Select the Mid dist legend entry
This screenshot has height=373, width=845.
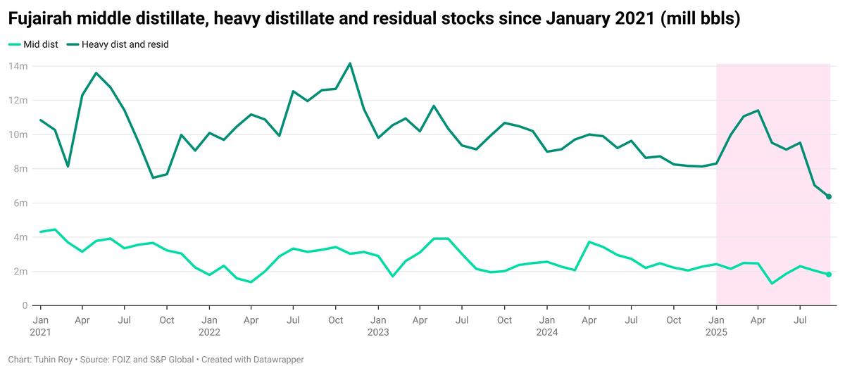coord(32,44)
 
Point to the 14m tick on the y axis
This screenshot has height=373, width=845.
coord(18,66)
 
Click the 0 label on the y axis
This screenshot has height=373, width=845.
coord(24,305)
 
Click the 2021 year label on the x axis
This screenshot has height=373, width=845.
coord(40,331)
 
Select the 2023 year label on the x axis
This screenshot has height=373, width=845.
coord(377,331)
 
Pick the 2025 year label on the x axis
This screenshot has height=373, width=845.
coord(716,331)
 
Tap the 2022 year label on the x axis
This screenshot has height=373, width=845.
coord(209,331)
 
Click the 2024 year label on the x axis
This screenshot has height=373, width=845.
coord(546,331)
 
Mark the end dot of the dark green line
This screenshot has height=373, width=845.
coord(829,196)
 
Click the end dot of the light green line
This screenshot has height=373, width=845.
coord(829,274)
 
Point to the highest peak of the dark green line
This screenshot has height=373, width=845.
coord(350,63)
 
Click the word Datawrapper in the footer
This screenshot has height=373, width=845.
coord(280,360)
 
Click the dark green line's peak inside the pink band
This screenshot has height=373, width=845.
coord(758,110)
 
